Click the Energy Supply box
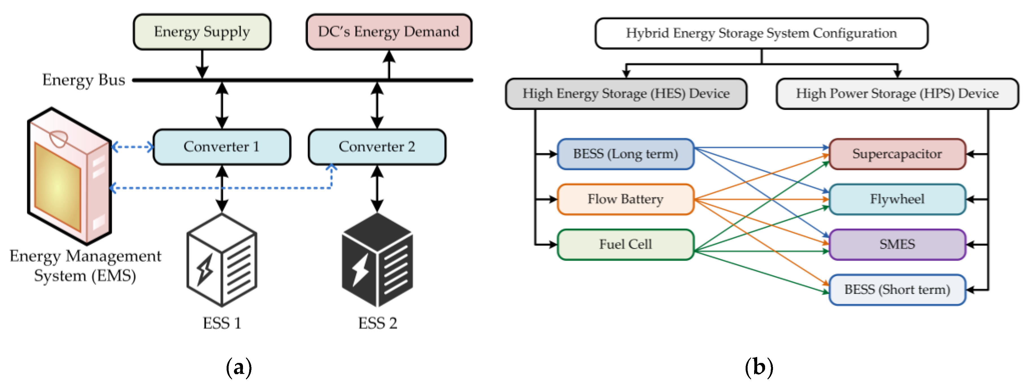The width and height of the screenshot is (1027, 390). (x=202, y=32)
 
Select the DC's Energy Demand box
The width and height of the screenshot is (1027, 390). (x=389, y=32)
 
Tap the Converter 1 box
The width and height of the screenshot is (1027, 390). (x=222, y=147)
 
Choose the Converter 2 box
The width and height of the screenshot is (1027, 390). (x=377, y=147)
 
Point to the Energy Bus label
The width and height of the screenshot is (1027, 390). (x=84, y=80)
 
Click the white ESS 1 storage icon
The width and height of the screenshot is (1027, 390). (x=222, y=260)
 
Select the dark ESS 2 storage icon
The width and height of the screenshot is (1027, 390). (x=377, y=260)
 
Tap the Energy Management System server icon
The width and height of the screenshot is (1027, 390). (x=69, y=176)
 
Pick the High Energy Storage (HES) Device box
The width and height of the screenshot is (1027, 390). (x=626, y=94)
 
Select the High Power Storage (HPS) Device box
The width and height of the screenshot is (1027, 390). (x=897, y=94)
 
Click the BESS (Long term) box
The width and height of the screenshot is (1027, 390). (x=625, y=154)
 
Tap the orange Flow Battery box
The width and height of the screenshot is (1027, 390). (x=625, y=199)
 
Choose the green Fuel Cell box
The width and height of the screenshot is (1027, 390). (x=625, y=244)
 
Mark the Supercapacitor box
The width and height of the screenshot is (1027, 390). (x=897, y=154)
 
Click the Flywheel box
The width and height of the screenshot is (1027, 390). (x=897, y=199)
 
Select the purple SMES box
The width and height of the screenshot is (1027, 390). (x=897, y=244)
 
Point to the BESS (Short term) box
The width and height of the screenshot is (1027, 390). (x=897, y=290)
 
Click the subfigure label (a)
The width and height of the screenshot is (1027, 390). (x=239, y=367)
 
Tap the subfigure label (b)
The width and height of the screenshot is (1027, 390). (x=759, y=367)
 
